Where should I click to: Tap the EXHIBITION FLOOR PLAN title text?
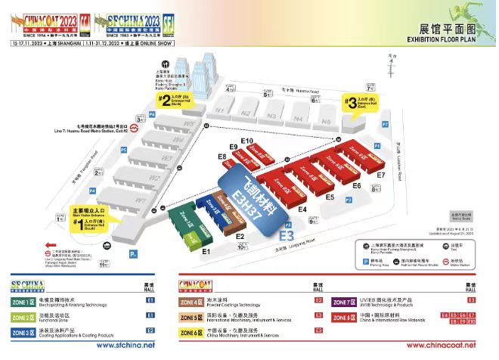[x=453, y=39]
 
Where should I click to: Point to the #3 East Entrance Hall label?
[x=358, y=102]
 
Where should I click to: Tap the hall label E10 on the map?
[x=246, y=141]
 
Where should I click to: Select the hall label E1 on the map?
[x=205, y=250]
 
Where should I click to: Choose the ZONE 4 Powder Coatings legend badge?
[x=189, y=302]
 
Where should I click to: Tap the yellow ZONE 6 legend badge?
[x=189, y=331]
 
